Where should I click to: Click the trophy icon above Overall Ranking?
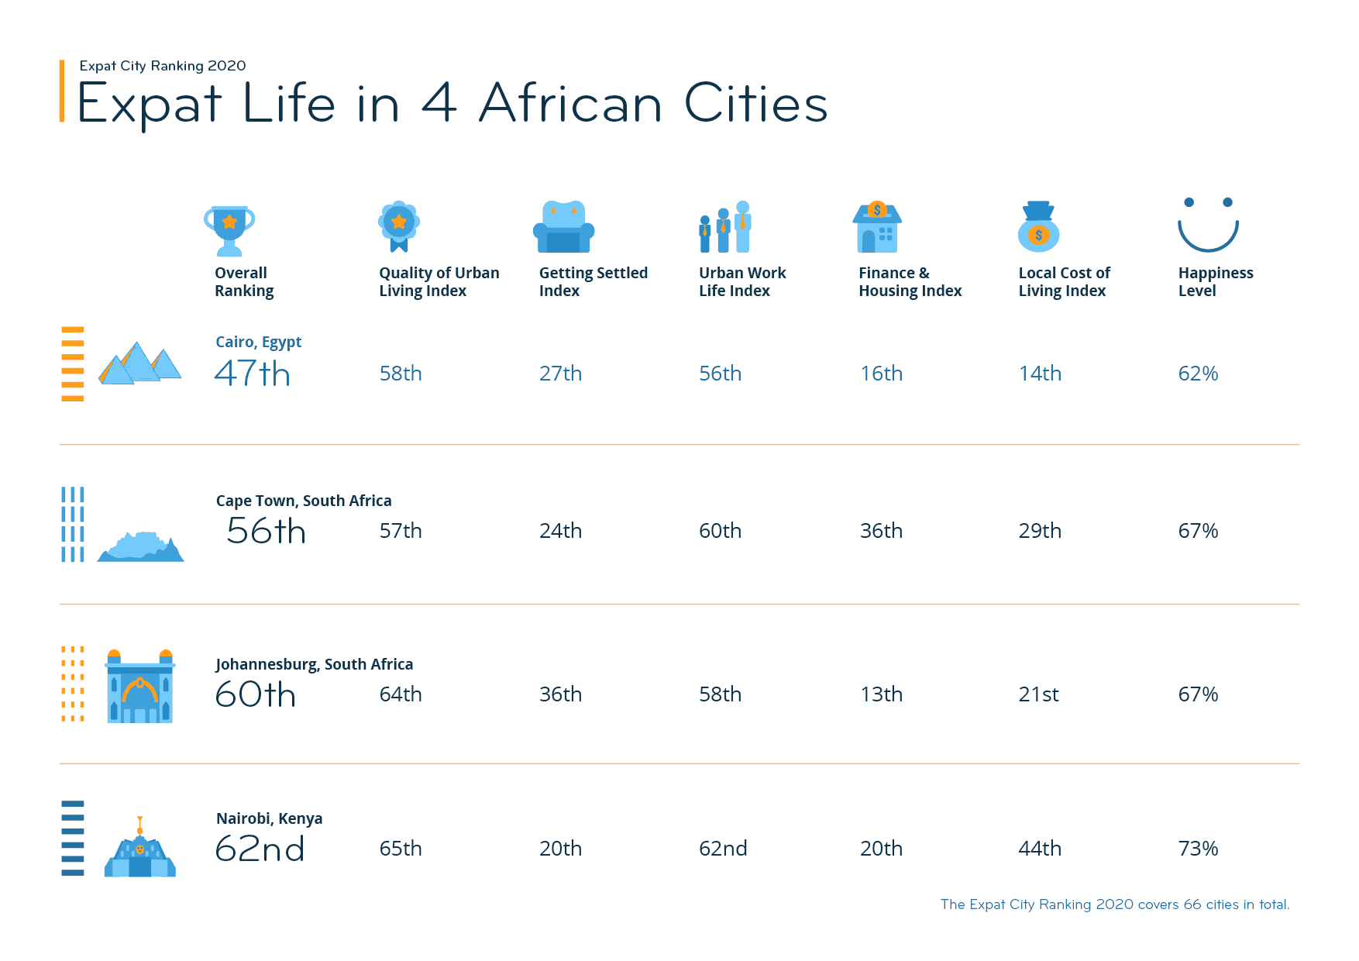(x=229, y=229)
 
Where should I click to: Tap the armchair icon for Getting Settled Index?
(x=563, y=227)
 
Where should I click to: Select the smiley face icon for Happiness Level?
(x=1208, y=225)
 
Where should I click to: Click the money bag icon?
(x=1038, y=227)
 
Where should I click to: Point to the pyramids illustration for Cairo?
(x=139, y=363)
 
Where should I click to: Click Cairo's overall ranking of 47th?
(x=252, y=374)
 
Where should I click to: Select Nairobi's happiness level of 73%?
(x=1198, y=849)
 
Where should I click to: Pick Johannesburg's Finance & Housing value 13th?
(x=881, y=694)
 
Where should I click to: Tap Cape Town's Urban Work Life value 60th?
(x=720, y=531)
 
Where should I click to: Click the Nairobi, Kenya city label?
(x=269, y=818)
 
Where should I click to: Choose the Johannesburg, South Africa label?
(x=314, y=664)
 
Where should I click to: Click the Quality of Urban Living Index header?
(x=439, y=281)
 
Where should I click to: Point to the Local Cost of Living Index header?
(x=1064, y=281)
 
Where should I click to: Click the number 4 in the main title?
(x=439, y=103)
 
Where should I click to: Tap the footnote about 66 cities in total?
(x=1114, y=904)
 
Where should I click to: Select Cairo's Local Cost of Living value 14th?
(x=1040, y=374)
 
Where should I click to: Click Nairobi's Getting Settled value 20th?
(x=560, y=849)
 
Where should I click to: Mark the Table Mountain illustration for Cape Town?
(x=140, y=546)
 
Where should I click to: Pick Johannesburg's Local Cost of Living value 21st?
(x=1038, y=694)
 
